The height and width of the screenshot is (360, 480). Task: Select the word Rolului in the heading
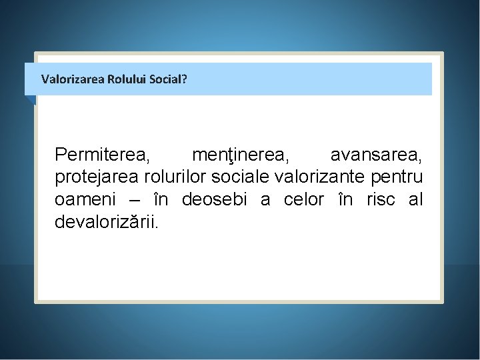119,79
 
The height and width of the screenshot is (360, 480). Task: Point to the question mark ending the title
184,79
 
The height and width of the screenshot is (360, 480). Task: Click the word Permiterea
103,155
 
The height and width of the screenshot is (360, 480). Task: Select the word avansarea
376,155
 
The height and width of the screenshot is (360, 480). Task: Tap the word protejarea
97,178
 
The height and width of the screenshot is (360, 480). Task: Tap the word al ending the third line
415,200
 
